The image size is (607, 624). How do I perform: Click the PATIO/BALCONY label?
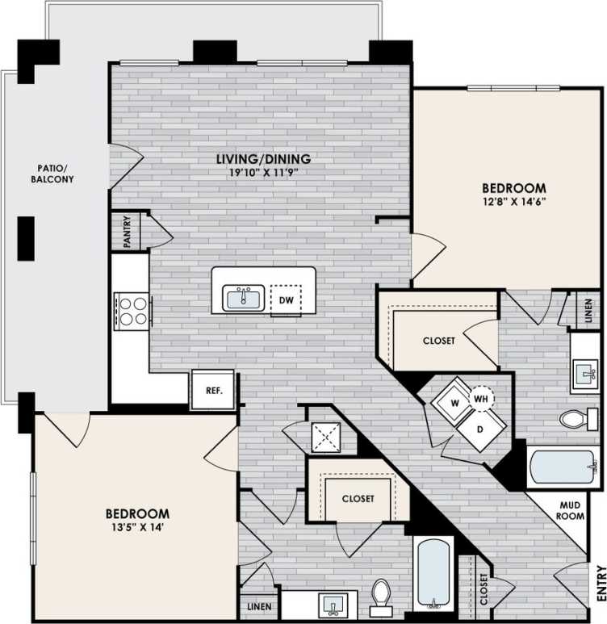pos(55,173)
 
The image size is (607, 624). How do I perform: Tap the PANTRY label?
pos(128,231)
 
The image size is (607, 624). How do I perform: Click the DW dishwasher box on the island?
pos(286,299)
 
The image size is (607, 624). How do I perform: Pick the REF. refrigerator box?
pos(213,391)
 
